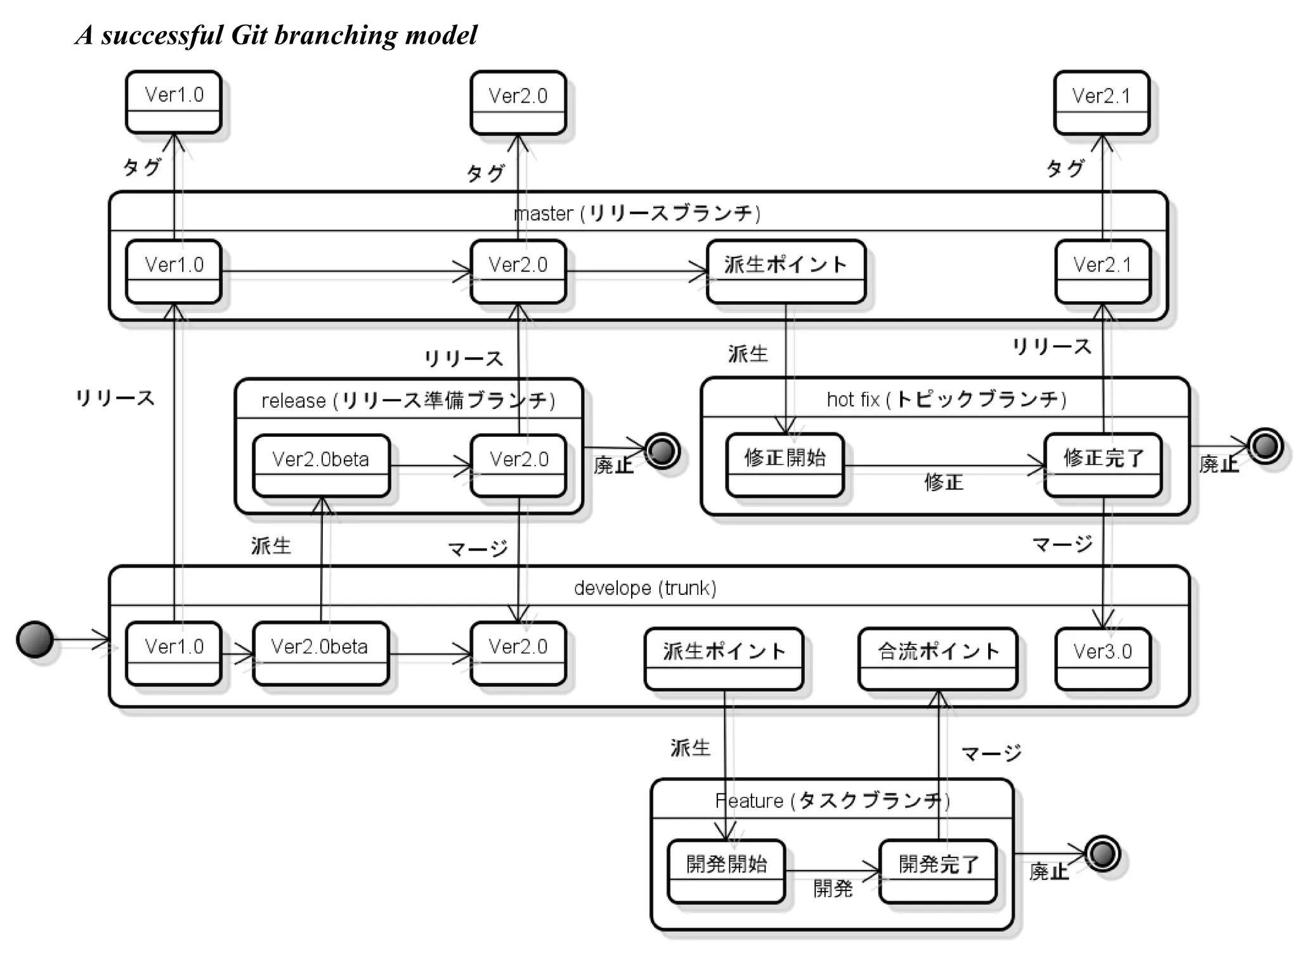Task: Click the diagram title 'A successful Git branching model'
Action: tap(276, 35)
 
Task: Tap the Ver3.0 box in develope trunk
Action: tap(1102, 658)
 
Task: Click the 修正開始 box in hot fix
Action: tap(785, 465)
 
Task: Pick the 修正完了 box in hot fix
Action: tap(1103, 465)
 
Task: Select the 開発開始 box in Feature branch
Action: tap(726, 871)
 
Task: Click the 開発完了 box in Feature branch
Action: tap(938, 871)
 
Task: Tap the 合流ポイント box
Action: tap(937, 658)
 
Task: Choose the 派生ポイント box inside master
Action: tap(786, 271)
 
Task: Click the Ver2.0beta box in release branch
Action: tap(321, 465)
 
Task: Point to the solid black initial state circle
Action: tap(35, 639)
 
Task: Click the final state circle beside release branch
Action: tap(662, 451)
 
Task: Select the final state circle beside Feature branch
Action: tap(1102, 854)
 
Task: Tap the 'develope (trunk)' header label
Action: tap(645, 588)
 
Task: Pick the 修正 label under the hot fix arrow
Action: tap(943, 483)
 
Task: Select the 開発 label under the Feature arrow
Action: tap(833, 888)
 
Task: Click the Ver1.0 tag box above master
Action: tap(174, 102)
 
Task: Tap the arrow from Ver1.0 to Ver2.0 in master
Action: tap(346, 272)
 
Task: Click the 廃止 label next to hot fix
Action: tap(1218, 464)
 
